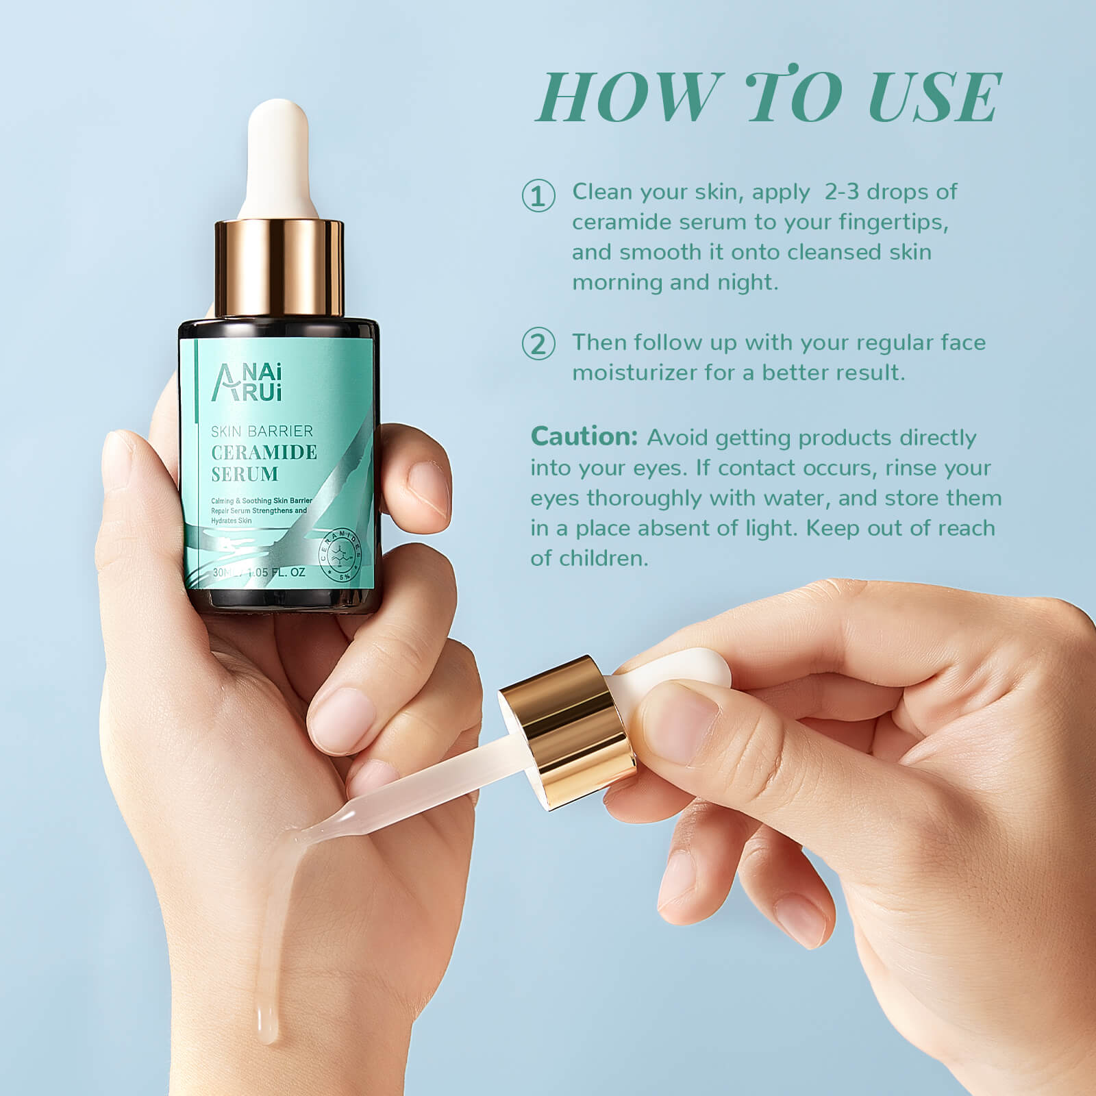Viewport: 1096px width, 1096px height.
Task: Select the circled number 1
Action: (538, 196)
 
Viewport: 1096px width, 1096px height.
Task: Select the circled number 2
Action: (538, 344)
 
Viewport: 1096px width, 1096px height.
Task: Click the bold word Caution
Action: (584, 437)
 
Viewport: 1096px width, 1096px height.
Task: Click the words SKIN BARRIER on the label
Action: (262, 431)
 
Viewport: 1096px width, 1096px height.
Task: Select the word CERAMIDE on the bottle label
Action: (264, 453)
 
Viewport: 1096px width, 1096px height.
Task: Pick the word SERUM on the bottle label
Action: (245, 474)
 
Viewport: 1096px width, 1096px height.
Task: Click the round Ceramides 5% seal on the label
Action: (340, 556)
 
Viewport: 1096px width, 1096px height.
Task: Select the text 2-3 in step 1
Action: (841, 192)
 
